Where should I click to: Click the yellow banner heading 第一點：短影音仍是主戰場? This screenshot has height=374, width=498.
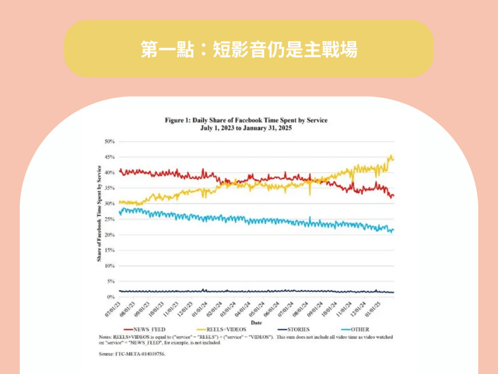click(249, 49)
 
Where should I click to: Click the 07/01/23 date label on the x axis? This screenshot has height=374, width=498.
click(113, 308)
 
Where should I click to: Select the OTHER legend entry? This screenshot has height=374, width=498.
click(359, 329)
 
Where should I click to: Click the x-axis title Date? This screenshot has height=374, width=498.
click(256, 322)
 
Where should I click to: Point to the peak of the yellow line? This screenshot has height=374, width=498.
click(391, 156)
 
